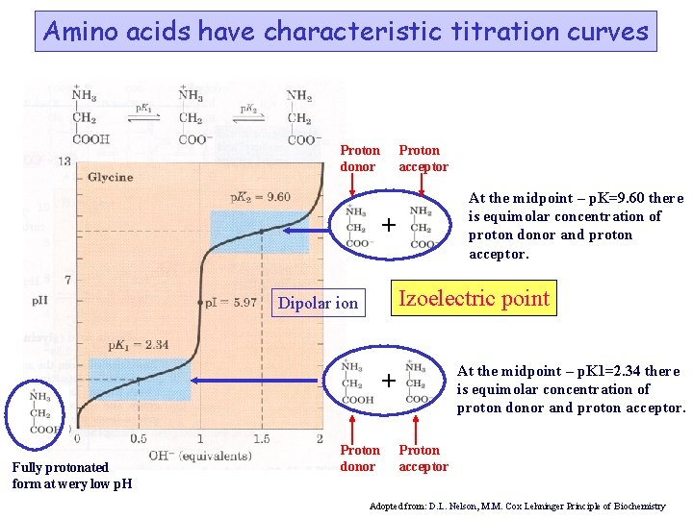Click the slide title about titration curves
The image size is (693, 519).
(346, 32)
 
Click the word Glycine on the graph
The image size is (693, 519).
(111, 177)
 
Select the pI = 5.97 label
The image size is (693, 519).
(231, 302)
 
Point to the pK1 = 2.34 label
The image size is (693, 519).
(140, 344)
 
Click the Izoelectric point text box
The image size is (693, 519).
(475, 298)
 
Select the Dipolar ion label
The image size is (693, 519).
(318, 304)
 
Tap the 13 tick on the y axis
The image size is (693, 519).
(64, 161)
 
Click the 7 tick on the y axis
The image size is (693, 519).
(67, 280)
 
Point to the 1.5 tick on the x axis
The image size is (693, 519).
(260, 439)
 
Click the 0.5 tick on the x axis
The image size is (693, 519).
(139, 439)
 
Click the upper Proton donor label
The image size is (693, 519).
(360, 158)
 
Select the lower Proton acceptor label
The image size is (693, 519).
(423, 457)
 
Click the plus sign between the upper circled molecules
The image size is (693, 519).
(387, 226)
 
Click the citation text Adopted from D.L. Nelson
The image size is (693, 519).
(517, 506)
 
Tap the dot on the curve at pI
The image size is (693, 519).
(199, 302)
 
